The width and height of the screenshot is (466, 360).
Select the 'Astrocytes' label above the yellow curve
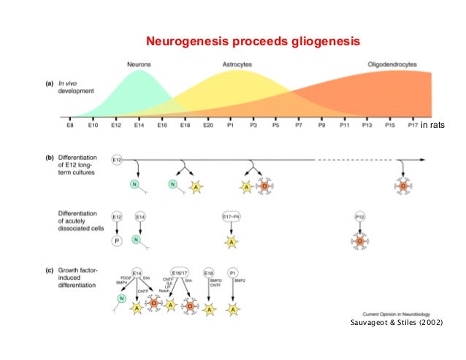point(238,64)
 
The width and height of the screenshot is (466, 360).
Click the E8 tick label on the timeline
point(69,126)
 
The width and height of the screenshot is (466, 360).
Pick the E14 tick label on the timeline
point(139,126)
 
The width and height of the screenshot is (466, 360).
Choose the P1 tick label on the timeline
point(230,126)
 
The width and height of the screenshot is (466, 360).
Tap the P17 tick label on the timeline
point(413,126)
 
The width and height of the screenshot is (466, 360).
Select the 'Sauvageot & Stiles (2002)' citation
point(397,323)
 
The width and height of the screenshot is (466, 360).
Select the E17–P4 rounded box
point(232,216)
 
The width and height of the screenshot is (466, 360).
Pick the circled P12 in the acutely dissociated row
point(359,216)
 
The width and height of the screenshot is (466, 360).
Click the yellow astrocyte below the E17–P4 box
point(231,240)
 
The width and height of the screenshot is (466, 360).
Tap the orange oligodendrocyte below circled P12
point(359,240)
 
